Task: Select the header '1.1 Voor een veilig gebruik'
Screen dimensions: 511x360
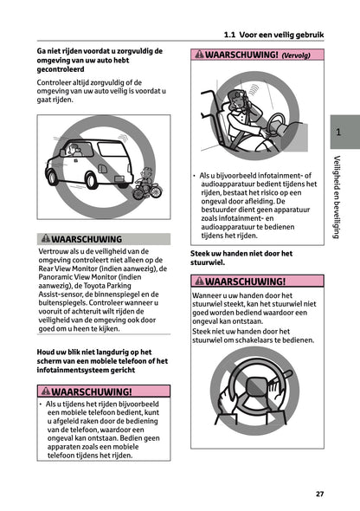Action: tap(273, 35)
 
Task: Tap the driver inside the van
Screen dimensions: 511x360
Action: tap(78, 152)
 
